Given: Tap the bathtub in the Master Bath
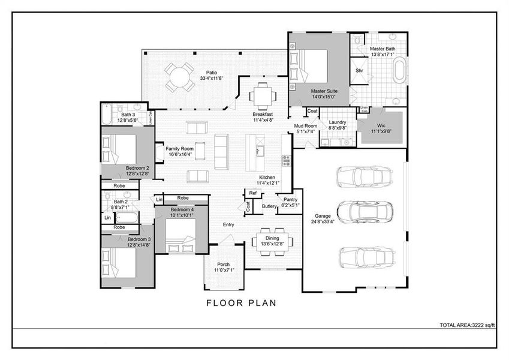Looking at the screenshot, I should pos(399,70).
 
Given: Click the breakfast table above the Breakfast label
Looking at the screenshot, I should pos(263,95).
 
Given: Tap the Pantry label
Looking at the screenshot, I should pos(291,199).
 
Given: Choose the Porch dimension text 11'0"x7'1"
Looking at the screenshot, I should pos(224,271).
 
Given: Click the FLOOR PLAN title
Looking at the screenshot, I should pos(242,303).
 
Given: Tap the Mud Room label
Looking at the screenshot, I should pos(305,126).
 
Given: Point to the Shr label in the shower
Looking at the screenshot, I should pos(359,70).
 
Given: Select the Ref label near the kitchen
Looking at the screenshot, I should pos(253,193).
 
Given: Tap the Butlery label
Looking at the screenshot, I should pos(269,206).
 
